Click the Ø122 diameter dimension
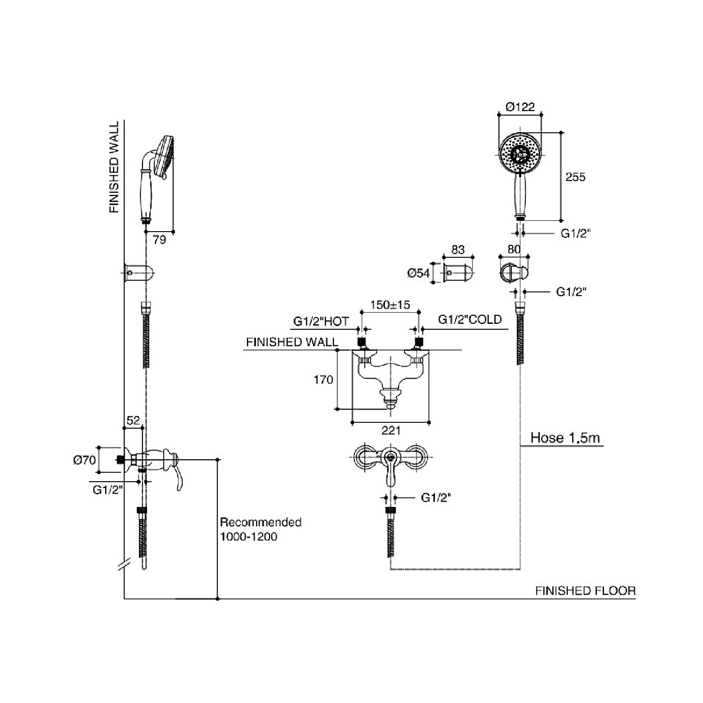(520, 107)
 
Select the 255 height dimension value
(575, 177)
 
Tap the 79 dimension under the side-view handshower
(160, 240)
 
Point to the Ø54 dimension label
(418, 273)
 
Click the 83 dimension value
(457, 250)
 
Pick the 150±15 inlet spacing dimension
(390, 304)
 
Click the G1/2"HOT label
(321, 321)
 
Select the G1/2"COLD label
(470, 319)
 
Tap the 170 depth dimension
(323, 380)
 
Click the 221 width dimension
(391, 430)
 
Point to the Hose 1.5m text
(565, 438)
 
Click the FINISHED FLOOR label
(585, 591)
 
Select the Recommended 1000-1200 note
(260, 529)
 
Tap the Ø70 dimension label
(84, 460)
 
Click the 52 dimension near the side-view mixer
(133, 421)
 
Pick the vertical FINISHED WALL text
(114, 167)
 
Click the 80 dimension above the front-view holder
(514, 249)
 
